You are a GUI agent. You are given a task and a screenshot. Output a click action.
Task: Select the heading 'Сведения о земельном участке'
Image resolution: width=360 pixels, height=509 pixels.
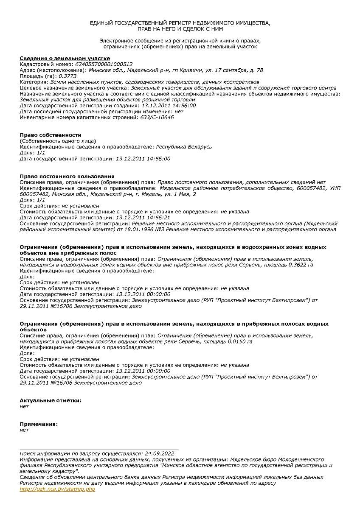[65, 58]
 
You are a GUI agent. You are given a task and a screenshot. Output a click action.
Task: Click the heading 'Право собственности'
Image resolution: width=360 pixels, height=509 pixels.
[51, 135]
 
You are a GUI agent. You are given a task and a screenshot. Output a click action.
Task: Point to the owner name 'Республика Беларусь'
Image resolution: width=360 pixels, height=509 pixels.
[184, 147]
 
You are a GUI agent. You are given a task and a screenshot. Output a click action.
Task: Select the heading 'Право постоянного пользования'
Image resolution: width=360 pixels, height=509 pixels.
[67, 176]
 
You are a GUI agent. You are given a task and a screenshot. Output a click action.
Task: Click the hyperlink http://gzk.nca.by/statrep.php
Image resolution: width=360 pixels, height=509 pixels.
[58, 489]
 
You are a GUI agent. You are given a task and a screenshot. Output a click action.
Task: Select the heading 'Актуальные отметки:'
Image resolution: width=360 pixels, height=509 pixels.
[51, 400]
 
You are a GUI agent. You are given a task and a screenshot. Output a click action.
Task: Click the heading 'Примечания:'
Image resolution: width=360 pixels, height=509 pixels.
[39, 424]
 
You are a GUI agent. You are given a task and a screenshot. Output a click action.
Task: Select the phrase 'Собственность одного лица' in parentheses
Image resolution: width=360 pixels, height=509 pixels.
[58, 141]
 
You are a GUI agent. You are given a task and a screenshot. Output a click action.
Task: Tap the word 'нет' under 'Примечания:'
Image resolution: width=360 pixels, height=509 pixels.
[24, 430]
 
